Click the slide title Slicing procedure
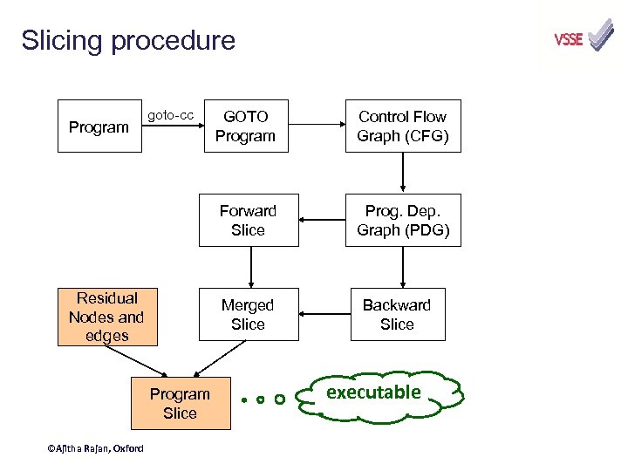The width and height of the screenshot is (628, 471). point(128,41)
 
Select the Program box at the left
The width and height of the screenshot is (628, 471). point(99,127)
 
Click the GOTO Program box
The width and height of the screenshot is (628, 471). point(245,126)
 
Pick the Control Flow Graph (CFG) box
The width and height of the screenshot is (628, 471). point(402,126)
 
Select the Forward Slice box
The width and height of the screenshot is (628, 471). point(248,221)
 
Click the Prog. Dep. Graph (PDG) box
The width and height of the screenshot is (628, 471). point(402,221)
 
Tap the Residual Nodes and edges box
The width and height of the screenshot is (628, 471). point(106,317)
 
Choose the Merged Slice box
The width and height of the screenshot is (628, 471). point(248,315)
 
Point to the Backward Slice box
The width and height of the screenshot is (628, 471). point(397,315)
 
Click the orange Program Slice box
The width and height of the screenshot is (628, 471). point(181,404)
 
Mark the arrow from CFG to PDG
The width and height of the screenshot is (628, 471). point(403,173)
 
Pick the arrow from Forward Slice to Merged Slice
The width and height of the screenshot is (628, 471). point(251,267)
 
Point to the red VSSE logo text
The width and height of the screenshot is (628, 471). point(568,40)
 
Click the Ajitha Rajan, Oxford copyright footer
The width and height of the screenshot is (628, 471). point(95,448)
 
